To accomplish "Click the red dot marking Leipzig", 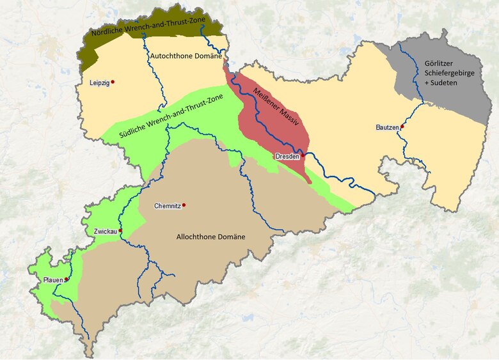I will coord(113,82).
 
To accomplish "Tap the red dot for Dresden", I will coord(303,155).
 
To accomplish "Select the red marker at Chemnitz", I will coord(184,205).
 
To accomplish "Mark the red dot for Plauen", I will coord(67,279).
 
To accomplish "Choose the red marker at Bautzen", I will coord(402,127).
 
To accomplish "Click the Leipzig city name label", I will coord(100,82).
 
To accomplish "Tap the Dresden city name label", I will coord(287,157).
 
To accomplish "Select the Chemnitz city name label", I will coord(168,206).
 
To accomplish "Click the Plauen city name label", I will coord(52,281).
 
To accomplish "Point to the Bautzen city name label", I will coord(387,129).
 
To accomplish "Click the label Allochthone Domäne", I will coord(210,237).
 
